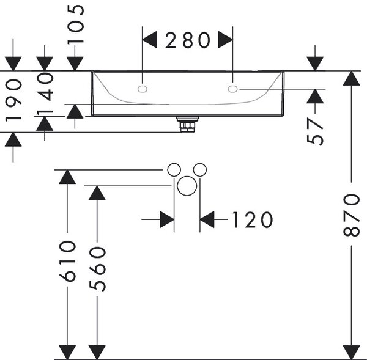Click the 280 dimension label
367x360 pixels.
[188, 40]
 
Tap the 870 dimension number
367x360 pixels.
[351, 215]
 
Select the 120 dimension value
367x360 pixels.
[252, 219]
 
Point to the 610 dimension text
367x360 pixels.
[67, 261]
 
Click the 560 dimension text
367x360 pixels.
[97, 269]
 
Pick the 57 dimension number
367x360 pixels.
[315, 131]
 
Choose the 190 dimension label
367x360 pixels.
[13, 100]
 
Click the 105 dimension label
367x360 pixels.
[75, 25]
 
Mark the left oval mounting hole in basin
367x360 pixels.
[143, 89]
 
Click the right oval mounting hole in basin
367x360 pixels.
[232, 89]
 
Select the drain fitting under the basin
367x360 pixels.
[188, 125]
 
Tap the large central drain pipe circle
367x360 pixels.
[187, 186]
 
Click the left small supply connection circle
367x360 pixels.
[174, 169]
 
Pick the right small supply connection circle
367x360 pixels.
[200, 169]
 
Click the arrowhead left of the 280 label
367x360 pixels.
[150, 40]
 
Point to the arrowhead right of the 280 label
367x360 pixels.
[225, 40]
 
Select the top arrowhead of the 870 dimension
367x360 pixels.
[351, 78]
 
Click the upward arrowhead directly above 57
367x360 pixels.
[315, 96]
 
